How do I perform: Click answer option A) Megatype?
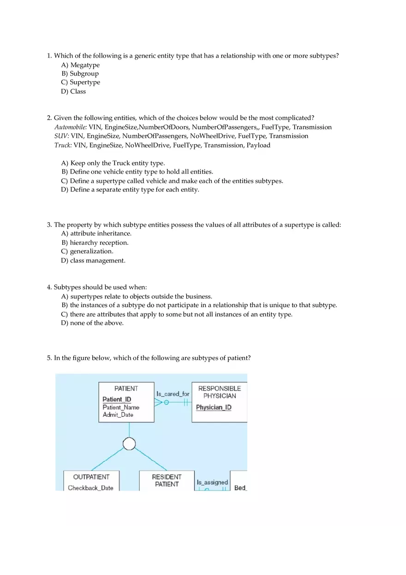80,65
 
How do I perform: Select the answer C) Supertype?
80,83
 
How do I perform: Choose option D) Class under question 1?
73,91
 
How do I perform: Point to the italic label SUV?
62,136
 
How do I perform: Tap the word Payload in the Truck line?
258,145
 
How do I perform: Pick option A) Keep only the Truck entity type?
113,163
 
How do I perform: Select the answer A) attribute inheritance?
96,234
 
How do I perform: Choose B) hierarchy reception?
95,243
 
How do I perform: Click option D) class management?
93,261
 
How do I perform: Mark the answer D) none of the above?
92,323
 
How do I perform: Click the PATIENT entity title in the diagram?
126,389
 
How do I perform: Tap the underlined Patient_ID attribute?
117,399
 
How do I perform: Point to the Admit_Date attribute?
118,415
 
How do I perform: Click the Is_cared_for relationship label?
173,394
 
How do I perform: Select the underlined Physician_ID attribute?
214,408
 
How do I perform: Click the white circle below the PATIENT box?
129,444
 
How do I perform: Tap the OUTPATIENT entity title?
91,477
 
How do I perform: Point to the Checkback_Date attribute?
90,488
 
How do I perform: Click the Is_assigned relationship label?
212,482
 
